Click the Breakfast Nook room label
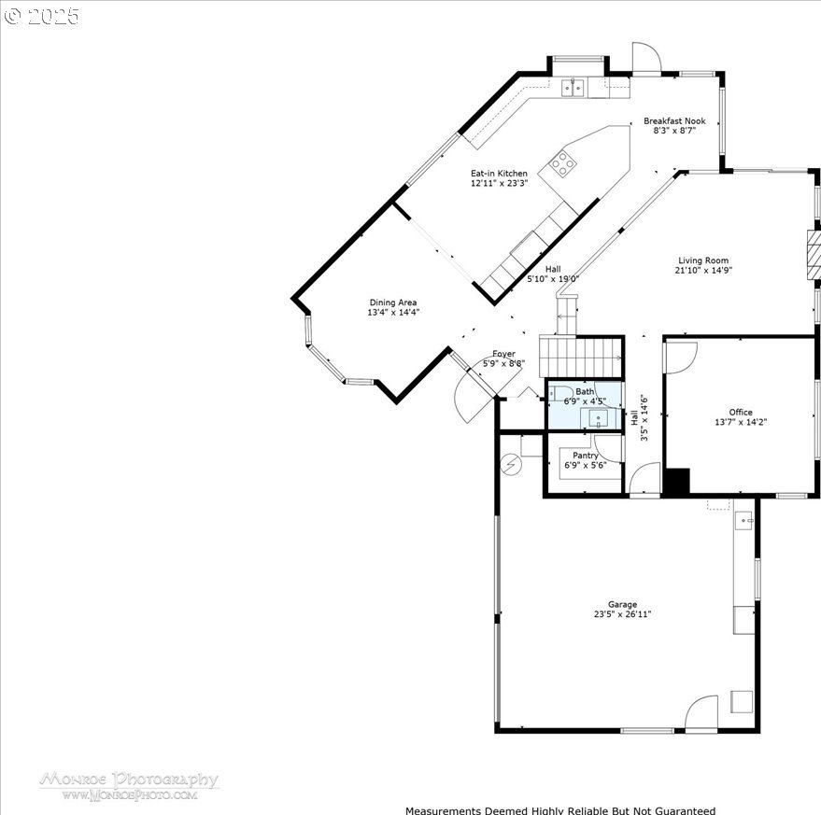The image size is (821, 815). (674, 121)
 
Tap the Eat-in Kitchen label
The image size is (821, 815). (499, 174)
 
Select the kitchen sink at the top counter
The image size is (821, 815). (573, 88)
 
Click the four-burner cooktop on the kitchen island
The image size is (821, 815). (562, 163)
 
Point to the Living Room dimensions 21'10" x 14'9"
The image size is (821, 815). (703, 270)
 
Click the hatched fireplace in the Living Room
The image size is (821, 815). (813, 256)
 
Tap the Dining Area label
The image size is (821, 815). (392, 302)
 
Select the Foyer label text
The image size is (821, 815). (503, 354)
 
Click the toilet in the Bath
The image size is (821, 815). (560, 393)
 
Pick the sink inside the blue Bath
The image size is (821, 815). (599, 418)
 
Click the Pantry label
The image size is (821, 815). (586, 456)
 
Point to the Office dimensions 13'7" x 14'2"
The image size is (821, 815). (741, 422)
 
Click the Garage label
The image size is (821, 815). (623, 605)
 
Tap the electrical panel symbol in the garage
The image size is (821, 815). (511, 464)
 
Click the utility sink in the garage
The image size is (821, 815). (743, 521)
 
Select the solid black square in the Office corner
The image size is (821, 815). (677, 481)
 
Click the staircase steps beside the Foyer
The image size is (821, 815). (581, 357)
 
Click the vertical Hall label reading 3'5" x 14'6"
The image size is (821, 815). (639, 417)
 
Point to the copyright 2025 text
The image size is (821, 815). (41, 16)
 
